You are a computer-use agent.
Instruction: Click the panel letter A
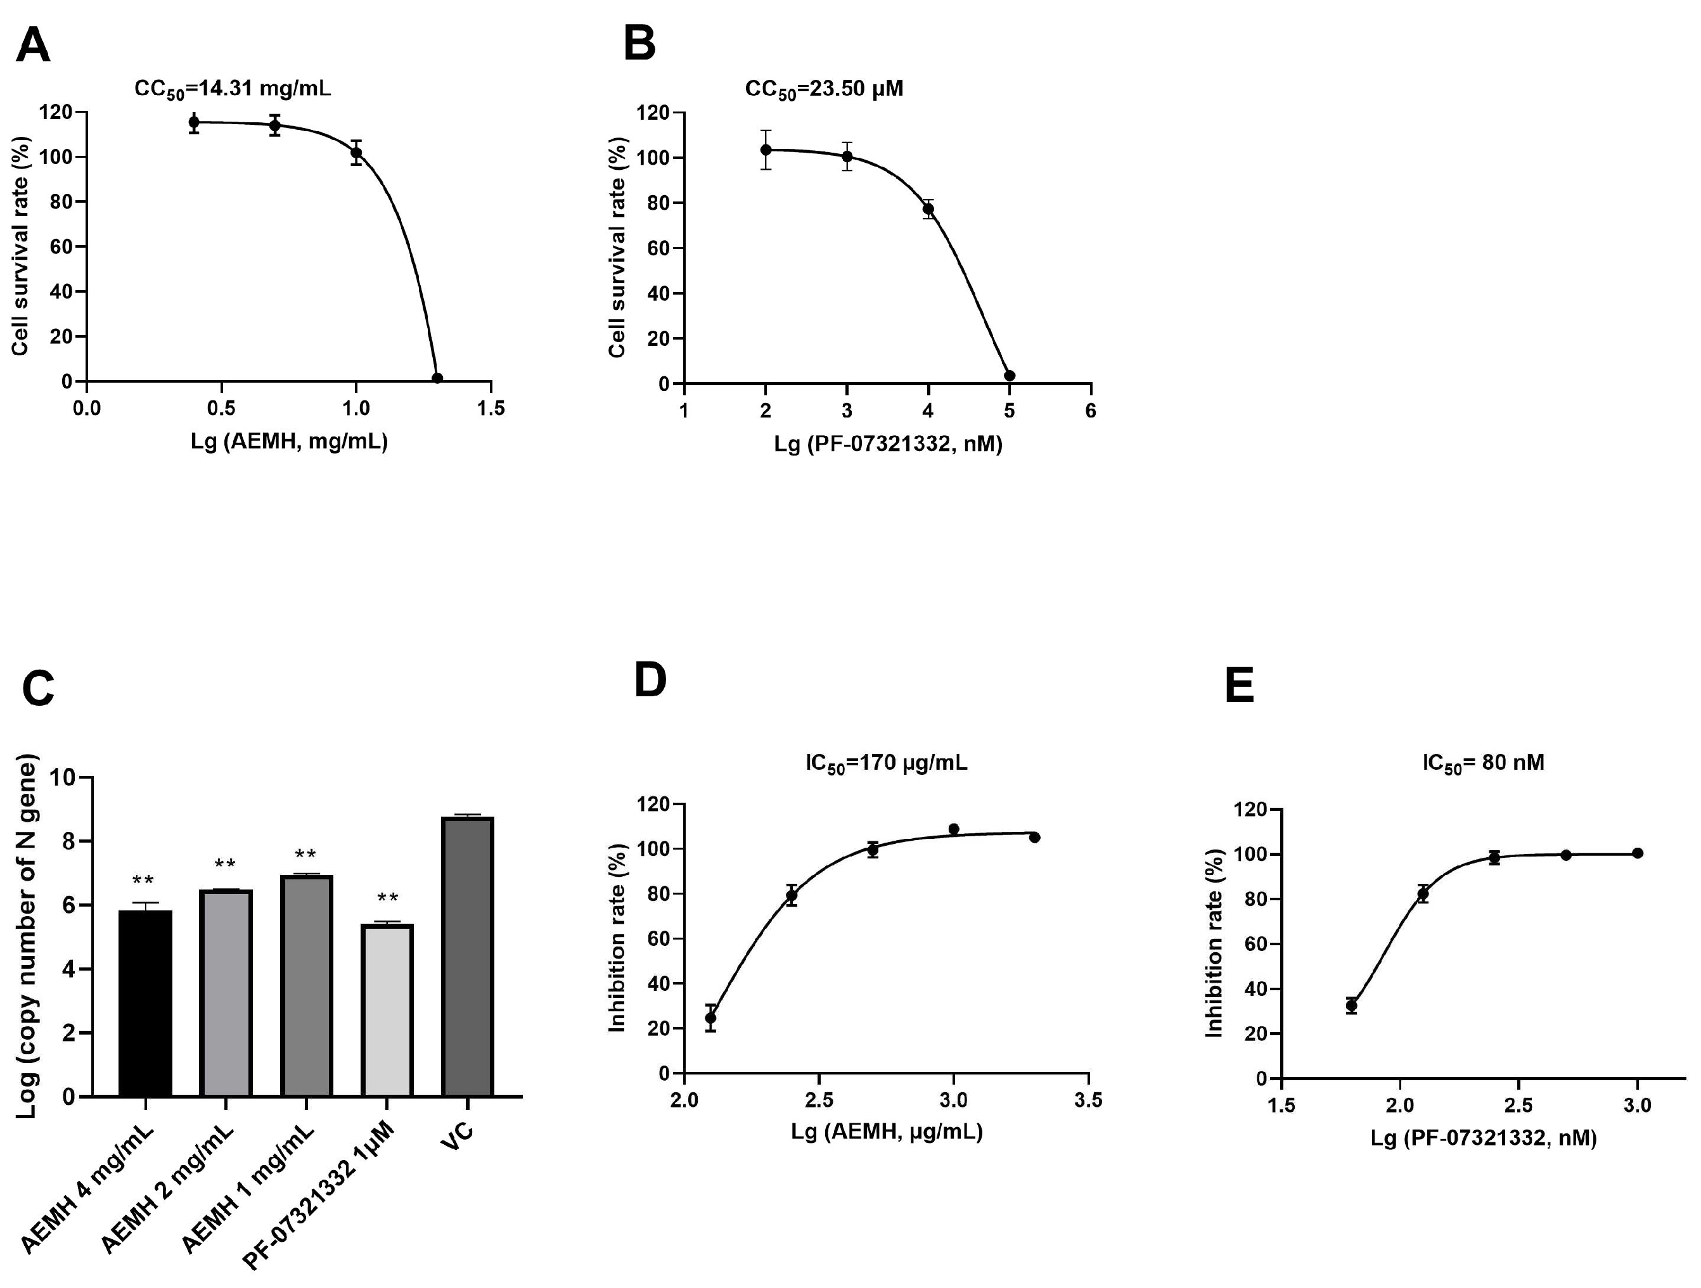click(33, 46)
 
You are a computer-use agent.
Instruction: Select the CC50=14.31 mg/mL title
click(232, 89)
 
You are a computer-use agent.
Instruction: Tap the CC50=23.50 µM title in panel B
click(824, 89)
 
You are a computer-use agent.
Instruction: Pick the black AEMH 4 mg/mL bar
click(145, 1003)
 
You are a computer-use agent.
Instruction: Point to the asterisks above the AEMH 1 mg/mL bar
click(305, 854)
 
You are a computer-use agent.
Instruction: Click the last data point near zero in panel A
click(437, 378)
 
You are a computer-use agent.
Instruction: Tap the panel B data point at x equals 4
click(928, 208)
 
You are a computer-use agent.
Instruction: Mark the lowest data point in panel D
click(710, 1017)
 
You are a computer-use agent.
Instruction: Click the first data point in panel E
click(1351, 1005)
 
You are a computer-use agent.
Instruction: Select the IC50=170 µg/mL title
click(886, 763)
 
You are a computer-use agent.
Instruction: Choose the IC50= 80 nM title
click(1482, 763)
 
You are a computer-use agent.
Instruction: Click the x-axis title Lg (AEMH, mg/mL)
click(289, 442)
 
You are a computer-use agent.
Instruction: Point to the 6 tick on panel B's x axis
click(1091, 411)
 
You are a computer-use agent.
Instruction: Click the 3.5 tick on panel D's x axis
click(1089, 1100)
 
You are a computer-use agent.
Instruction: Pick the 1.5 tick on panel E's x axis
click(1281, 1106)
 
